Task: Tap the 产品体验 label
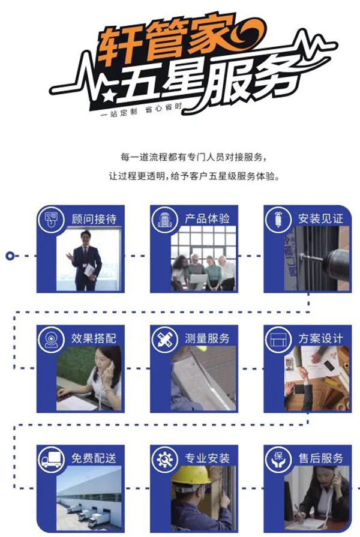(207, 218)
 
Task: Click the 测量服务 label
(207, 338)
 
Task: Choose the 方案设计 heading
(320, 338)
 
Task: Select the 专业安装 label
(207, 458)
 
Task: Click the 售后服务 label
(320, 458)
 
